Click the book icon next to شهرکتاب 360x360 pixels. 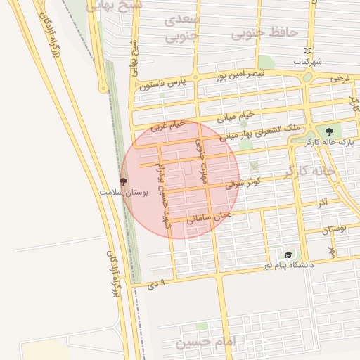tap(307, 51)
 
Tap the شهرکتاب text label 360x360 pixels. tap(308, 62)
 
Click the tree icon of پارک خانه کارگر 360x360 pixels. tap(329, 131)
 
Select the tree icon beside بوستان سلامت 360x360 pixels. tap(124, 181)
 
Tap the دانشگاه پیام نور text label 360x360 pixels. tap(288, 266)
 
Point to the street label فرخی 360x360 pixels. tap(340, 77)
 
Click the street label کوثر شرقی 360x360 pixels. tap(243, 182)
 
